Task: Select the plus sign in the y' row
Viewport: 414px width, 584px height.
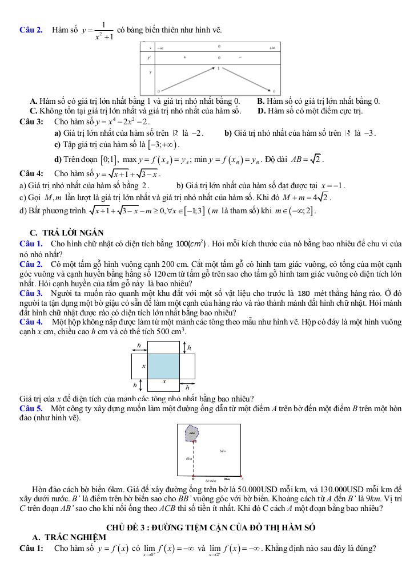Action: (x=184, y=57)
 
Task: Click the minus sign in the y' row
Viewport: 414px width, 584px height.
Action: (x=240, y=57)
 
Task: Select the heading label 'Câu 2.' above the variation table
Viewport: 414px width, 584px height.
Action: (x=31, y=30)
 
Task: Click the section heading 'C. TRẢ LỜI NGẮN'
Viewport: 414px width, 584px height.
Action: (x=66, y=232)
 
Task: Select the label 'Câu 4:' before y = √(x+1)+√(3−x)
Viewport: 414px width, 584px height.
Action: (x=31, y=173)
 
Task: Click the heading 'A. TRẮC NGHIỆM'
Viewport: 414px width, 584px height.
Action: (x=69, y=537)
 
